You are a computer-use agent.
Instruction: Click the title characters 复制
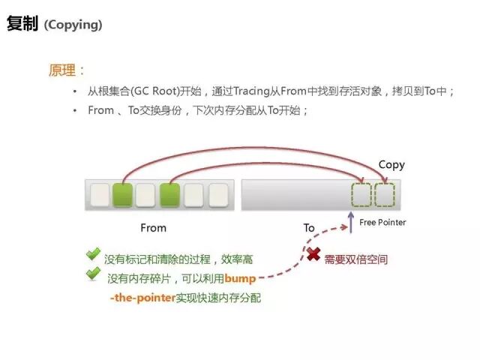(22, 24)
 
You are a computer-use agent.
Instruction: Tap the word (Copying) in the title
(73, 25)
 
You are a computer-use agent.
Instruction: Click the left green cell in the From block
(122, 195)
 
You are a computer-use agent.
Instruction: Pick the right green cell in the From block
(169, 195)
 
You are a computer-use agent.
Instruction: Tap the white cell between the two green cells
(145, 195)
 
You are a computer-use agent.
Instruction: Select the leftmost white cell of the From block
(100, 195)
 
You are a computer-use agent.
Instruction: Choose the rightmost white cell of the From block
(217, 195)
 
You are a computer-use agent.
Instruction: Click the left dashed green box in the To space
(361, 195)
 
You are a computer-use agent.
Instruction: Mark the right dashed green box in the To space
(385, 195)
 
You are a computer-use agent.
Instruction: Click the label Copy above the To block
(391, 165)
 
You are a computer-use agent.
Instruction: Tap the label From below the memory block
(153, 227)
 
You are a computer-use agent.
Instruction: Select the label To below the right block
(309, 227)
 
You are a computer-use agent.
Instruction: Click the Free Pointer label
(382, 223)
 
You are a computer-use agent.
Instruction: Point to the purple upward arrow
(350, 221)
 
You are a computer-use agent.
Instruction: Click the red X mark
(313, 254)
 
